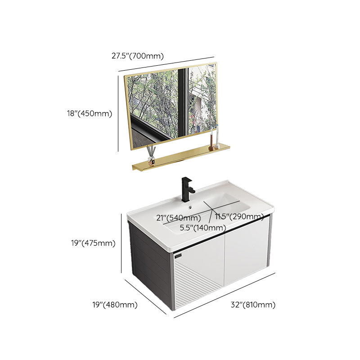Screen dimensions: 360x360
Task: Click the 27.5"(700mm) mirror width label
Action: tap(137, 56)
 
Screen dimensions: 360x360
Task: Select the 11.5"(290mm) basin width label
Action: tap(239, 217)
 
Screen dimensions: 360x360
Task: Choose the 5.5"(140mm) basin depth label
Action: tap(203, 228)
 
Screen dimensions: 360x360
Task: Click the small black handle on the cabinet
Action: tap(177, 256)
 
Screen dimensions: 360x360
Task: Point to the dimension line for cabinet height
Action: tap(121, 243)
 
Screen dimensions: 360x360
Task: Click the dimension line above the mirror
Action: tap(166, 63)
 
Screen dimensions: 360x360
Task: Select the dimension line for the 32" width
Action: tap(225, 294)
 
